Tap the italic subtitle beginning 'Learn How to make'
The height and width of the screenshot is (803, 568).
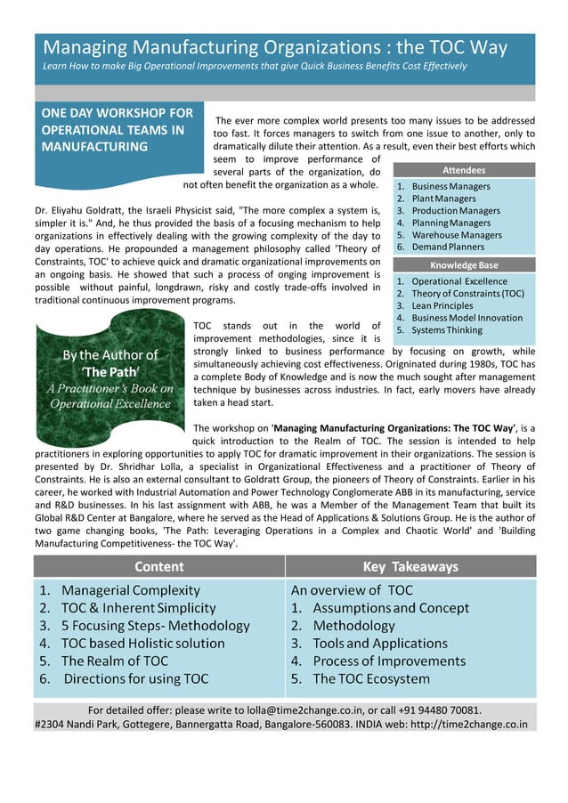click(x=255, y=67)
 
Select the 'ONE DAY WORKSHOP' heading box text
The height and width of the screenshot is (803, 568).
click(x=118, y=130)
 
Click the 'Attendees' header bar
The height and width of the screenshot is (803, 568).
click(x=464, y=170)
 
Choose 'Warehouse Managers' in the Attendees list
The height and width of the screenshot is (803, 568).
click(x=457, y=235)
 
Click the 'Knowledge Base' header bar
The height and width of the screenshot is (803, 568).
click(x=464, y=265)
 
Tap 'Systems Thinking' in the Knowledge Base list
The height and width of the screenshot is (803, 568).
click(x=447, y=329)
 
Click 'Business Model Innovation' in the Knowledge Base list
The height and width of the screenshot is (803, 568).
click(x=467, y=318)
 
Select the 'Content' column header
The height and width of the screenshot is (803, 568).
click(x=159, y=566)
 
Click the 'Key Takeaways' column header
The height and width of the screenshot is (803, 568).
click(x=410, y=566)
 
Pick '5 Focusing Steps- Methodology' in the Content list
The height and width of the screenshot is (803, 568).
click(x=142, y=625)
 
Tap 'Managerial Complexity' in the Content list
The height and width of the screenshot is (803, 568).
click(x=130, y=589)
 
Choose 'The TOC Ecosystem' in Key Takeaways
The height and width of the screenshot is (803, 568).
click(x=371, y=678)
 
